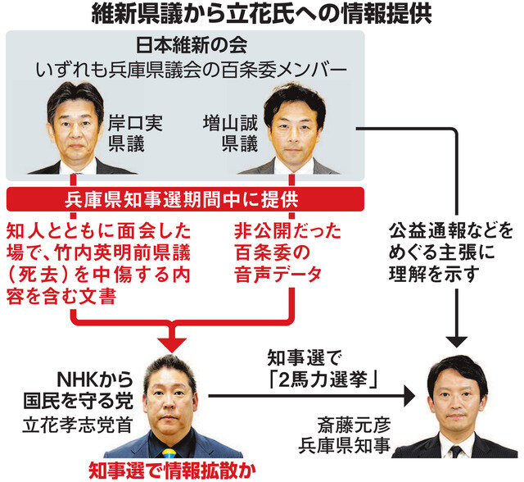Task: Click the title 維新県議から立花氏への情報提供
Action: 261,14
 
